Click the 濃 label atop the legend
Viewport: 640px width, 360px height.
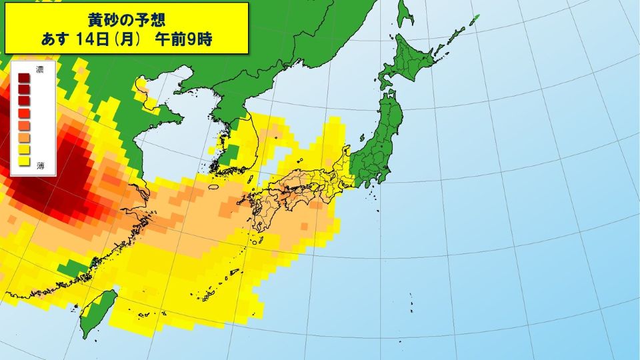point(40,69)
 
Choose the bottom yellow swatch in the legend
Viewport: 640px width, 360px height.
point(23,161)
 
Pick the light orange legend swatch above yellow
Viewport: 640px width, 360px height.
point(23,137)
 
